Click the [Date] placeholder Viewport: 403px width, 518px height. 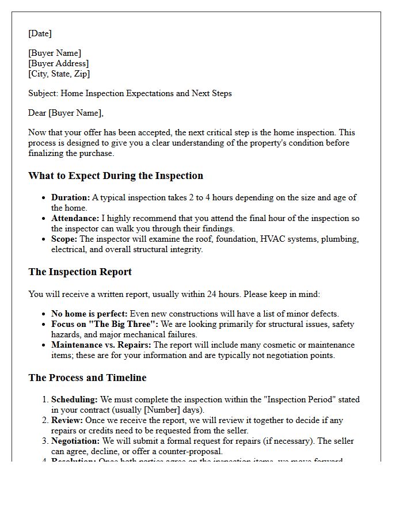[40, 33]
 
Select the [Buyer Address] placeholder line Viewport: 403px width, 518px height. [58, 63]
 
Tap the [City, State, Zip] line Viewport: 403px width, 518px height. [59, 74]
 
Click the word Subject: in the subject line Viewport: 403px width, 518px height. [43, 93]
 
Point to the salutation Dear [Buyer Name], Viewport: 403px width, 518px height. [66, 113]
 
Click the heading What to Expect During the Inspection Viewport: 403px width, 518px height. [115, 176]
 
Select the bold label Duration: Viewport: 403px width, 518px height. [70, 197]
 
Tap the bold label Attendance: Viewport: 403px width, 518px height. [75, 218]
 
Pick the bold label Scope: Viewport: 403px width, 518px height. [64, 239]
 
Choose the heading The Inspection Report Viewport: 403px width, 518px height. [80, 272]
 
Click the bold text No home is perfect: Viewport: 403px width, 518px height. [89, 314]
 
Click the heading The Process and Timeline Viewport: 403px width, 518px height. [87, 378]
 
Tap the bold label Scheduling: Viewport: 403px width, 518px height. [74, 399]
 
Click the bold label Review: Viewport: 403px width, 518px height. [67, 420]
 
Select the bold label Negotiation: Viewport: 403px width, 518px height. [75, 441]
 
